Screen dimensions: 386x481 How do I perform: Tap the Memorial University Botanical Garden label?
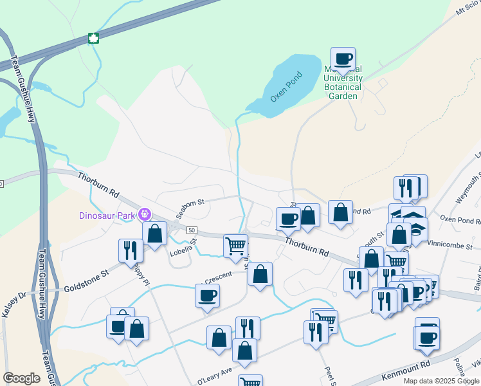click(343, 82)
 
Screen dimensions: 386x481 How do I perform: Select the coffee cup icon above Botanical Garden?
click(343, 59)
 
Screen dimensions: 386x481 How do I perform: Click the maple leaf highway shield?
click(93, 38)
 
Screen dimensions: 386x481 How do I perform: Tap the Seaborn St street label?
click(191, 202)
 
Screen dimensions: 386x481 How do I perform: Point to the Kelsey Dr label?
click(14, 305)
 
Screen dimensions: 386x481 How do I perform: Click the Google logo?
click(21, 378)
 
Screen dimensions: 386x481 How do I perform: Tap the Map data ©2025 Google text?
click(440, 381)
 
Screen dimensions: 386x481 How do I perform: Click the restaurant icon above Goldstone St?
click(131, 250)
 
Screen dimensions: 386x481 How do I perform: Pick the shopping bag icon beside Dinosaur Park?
click(154, 233)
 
